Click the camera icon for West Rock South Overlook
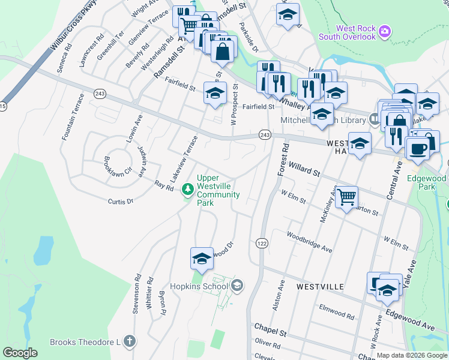385,30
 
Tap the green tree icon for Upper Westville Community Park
188,190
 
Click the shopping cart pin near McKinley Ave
346,197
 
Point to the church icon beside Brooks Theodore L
129,342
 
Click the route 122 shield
261,242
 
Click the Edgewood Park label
426,182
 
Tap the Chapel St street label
270,329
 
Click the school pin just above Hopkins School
202,258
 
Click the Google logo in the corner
20,353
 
